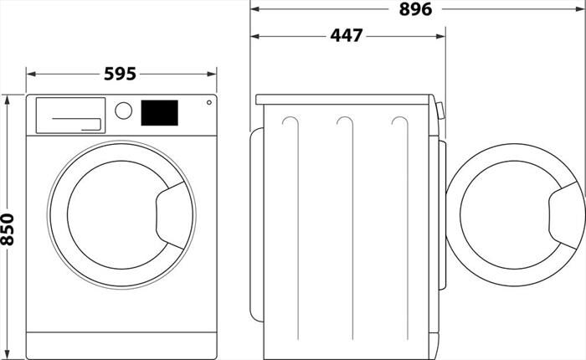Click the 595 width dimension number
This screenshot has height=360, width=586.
pyautogui.click(x=120, y=74)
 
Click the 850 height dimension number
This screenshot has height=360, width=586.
pyautogui.click(x=8, y=229)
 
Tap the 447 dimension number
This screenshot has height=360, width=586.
pyautogui.click(x=346, y=36)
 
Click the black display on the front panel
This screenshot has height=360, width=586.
pyautogui.click(x=159, y=113)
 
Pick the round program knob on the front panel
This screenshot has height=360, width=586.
pyautogui.click(x=123, y=111)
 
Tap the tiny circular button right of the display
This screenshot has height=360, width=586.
pyautogui.click(x=208, y=103)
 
